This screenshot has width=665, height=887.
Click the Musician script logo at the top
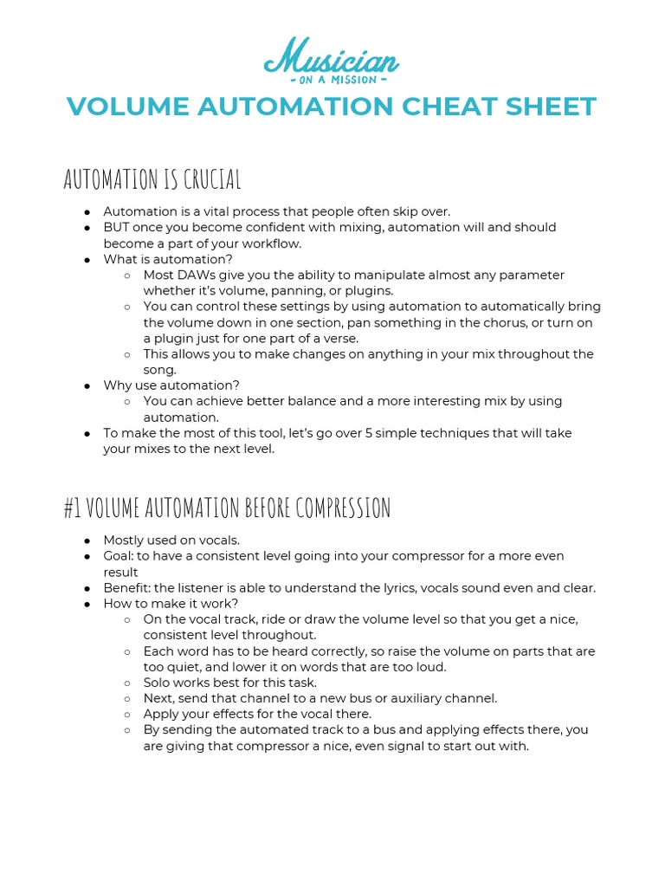pyautogui.click(x=332, y=57)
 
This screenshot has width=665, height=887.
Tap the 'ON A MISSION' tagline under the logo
pyautogui.click(x=332, y=80)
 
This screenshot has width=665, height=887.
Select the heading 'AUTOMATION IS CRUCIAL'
pyautogui.click(x=152, y=179)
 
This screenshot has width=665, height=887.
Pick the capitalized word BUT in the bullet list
pyautogui.click(x=116, y=227)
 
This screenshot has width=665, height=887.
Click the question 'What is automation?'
pyautogui.click(x=168, y=259)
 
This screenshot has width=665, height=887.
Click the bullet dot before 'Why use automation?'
pyautogui.click(x=87, y=385)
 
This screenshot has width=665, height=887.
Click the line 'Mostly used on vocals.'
pyautogui.click(x=171, y=540)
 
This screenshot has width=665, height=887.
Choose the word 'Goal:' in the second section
pyautogui.click(x=120, y=555)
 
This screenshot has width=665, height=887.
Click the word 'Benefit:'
pyautogui.click(x=127, y=587)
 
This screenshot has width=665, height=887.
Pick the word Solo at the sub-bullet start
pyautogui.click(x=158, y=683)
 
